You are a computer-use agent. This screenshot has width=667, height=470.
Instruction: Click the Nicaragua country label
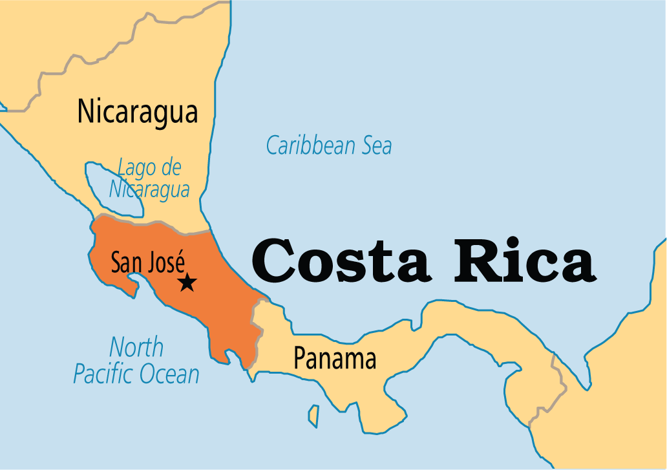point(137,111)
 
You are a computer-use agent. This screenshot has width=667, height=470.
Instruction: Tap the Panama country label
point(335,358)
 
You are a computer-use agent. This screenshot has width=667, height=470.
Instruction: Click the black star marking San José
point(187,282)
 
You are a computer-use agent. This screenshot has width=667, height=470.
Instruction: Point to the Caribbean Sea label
point(329,145)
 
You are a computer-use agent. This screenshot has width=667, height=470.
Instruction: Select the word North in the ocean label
point(136,347)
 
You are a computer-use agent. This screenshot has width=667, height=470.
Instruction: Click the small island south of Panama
point(313,415)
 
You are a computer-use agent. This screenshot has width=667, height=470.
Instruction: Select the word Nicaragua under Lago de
point(149,190)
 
